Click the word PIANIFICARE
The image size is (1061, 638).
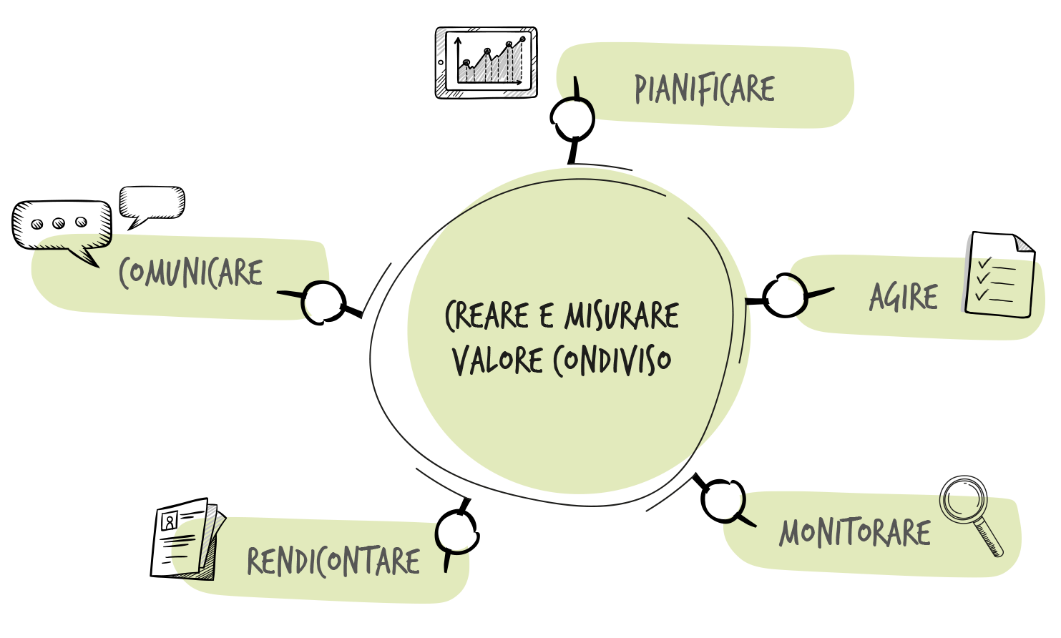705,89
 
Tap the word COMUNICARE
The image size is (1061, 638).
191,273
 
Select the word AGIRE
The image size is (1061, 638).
904,297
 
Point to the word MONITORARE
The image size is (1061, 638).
855,533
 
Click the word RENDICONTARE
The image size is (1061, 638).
333,561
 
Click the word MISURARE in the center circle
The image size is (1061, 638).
622,315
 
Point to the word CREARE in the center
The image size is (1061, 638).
487,315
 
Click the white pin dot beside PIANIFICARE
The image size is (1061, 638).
574,118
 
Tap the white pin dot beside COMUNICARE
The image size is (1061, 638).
322,301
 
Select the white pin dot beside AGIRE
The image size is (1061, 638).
786,296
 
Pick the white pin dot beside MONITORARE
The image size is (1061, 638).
723,501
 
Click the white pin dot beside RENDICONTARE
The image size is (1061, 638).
455,533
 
